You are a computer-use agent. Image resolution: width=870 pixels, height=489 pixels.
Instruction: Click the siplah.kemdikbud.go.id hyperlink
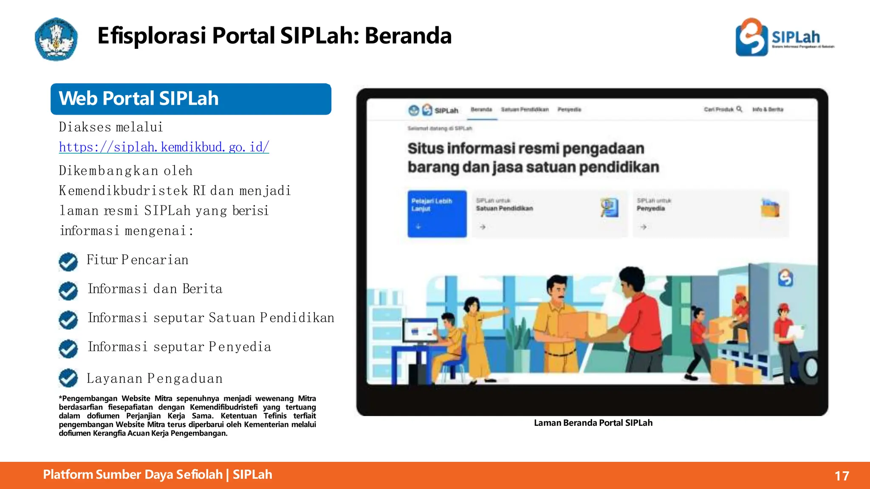(x=164, y=147)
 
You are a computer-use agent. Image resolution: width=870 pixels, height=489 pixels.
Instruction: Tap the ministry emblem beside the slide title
(x=56, y=39)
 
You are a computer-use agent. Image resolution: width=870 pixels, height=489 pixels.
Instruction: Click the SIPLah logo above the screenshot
(x=784, y=37)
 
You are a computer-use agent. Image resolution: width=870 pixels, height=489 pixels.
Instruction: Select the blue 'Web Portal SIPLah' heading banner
(x=191, y=99)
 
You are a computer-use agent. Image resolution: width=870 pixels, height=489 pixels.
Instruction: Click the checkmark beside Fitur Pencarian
(x=68, y=262)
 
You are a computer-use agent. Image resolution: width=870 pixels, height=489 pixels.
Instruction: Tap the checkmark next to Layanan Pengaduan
(x=68, y=378)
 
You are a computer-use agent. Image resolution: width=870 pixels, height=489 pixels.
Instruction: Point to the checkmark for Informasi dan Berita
(x=68, y=291)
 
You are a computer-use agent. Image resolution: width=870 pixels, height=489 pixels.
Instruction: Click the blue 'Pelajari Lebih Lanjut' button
(x=437, y=214)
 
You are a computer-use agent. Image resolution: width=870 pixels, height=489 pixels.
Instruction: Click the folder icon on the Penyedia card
(x=770, y=208)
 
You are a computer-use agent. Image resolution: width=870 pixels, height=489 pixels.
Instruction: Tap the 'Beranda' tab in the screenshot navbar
(x=481, y=110)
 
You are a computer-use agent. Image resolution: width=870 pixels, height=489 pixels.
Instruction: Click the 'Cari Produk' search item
(x=723, y=110)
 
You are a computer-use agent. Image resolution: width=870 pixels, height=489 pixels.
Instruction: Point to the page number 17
(x=842, y=476)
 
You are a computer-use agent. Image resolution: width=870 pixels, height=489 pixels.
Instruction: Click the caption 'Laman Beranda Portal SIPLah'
(x=593, y=423)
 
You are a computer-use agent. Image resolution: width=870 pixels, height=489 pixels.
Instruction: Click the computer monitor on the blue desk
(x=420, y=331)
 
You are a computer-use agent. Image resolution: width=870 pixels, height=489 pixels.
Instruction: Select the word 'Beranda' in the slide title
(x=408, y=36)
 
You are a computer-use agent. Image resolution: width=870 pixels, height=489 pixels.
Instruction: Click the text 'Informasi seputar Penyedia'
(x=179, y=347)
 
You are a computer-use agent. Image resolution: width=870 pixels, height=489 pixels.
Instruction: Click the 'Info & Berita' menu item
(x=768, y=110)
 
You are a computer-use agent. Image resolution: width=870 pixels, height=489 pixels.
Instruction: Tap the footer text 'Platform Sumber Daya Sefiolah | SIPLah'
(x=158, y=475)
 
